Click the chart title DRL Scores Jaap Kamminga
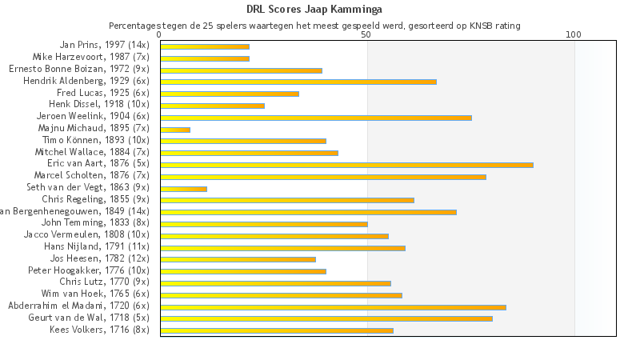pos(315,10)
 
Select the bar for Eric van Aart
pos(346,165)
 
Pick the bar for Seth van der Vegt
pos(183,189)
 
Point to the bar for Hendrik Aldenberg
pos(298,82)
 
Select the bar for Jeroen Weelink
pos(316,118)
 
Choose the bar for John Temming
pos(264,224)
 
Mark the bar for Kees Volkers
pos(277,330)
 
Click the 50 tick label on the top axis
pos(366,35)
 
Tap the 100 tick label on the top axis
pos(574,35)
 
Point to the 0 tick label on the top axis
pos(160,35)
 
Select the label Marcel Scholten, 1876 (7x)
pos(91,175)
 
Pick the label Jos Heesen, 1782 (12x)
pos(99,259)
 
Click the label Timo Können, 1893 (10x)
pos(95,140)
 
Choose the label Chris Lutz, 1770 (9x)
pos(104,282)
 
